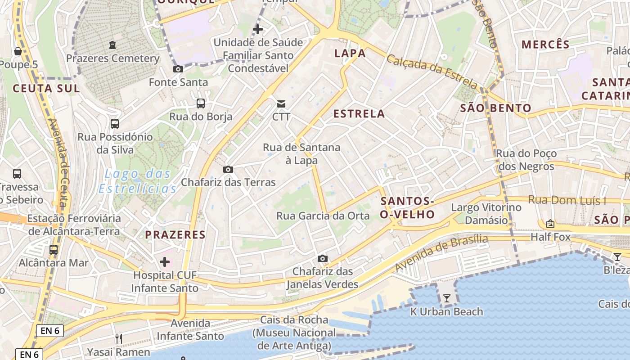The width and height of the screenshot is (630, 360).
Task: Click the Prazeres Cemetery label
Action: click(112, 58)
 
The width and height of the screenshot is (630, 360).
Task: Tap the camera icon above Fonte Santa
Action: click(178, 69)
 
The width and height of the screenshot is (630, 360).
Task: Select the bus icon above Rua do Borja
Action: click(201, 103)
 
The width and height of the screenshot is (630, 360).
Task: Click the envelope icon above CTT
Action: click(281, 104)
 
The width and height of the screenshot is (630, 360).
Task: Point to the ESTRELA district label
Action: click(359, 114)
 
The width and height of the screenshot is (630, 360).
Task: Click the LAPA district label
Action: click(350, 54)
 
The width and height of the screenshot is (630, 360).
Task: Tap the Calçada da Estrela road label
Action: click(432, 72)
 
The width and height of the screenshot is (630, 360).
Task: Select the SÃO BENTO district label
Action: click(496, 108)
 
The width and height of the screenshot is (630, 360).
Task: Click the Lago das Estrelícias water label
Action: click(138, 181)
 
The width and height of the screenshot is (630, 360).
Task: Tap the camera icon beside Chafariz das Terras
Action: click(228, 170)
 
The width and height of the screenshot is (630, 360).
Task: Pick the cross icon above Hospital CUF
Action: click(165, 261)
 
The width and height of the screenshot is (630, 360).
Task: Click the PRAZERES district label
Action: click(175, 234)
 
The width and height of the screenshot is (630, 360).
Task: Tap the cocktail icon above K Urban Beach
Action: click(446, 298)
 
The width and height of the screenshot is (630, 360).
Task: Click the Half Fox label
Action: click(550, 237)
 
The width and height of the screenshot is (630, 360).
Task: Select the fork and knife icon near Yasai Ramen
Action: click(119, 339)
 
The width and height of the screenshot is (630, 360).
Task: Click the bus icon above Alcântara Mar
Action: click(54, 249)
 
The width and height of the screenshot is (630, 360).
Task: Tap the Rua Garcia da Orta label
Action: click(323, 216)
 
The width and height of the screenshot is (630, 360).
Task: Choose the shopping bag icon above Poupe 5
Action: click(18, 52)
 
